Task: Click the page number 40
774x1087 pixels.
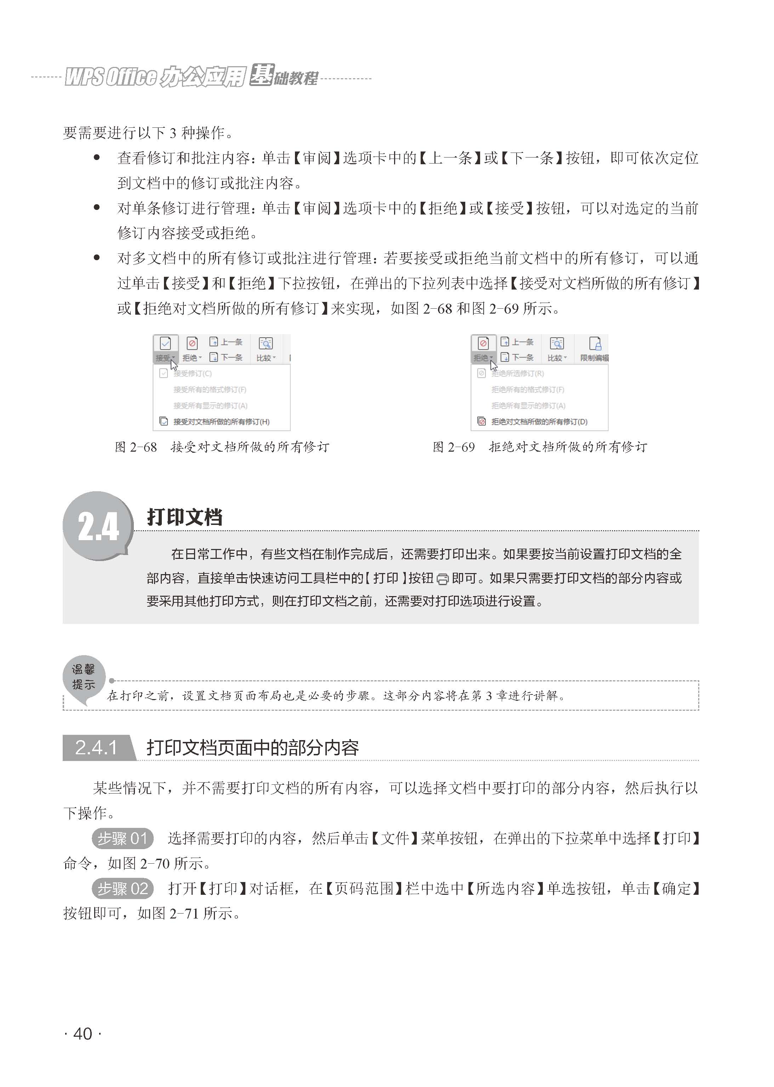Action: tap(82, 1034)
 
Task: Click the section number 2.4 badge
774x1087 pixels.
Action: tap(98, 526)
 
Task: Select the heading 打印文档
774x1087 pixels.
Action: tap(184, 517)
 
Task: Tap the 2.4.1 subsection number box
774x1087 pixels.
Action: tap(96, 747)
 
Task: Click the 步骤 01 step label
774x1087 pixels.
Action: tap(123, 839)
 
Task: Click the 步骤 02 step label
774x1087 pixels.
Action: tap(123, 888)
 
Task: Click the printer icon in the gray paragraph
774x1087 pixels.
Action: tap(442, 579)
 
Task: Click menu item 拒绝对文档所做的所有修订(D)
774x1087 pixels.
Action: tap(539, 422)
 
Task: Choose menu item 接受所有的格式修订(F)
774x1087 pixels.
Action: tap(210, 390)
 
